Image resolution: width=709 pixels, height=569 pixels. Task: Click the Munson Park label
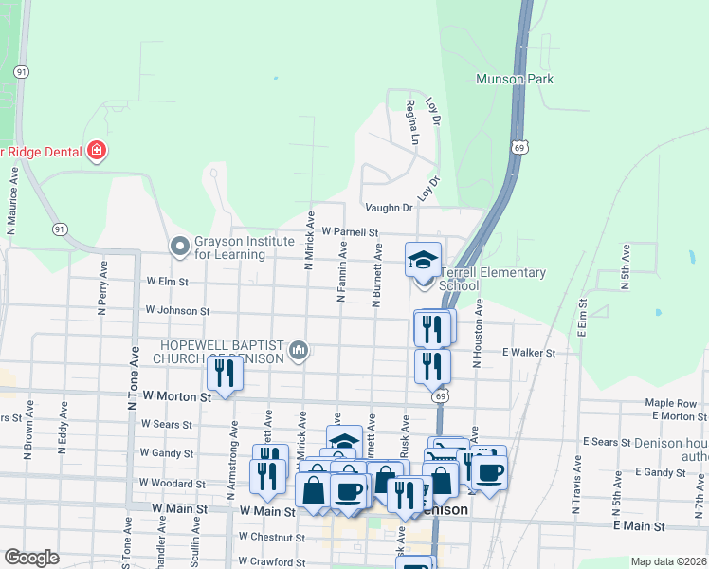click(x=515, y=80)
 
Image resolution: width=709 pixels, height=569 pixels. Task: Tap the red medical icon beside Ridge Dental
click(x=96, y=150)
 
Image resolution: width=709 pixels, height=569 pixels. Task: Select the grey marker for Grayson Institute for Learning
click(x=179, y=247)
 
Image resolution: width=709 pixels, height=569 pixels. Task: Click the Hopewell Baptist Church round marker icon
click(x=300, y=352)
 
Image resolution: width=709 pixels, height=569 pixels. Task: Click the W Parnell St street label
click(x=350, y=231)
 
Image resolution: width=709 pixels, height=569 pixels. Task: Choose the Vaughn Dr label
click(x=389, y=208)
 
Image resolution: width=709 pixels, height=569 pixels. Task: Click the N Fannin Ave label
click(x=341, y=271)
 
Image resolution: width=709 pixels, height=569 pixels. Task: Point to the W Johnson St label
click(x=177, y=310)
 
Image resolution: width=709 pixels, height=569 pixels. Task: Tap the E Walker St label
click(x=528, y=352)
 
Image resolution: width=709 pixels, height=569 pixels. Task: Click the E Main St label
click(x=640, y=525)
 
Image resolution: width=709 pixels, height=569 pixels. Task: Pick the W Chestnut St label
click(x=272, y=537)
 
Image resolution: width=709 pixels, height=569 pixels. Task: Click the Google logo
click(x=31, y=558)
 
